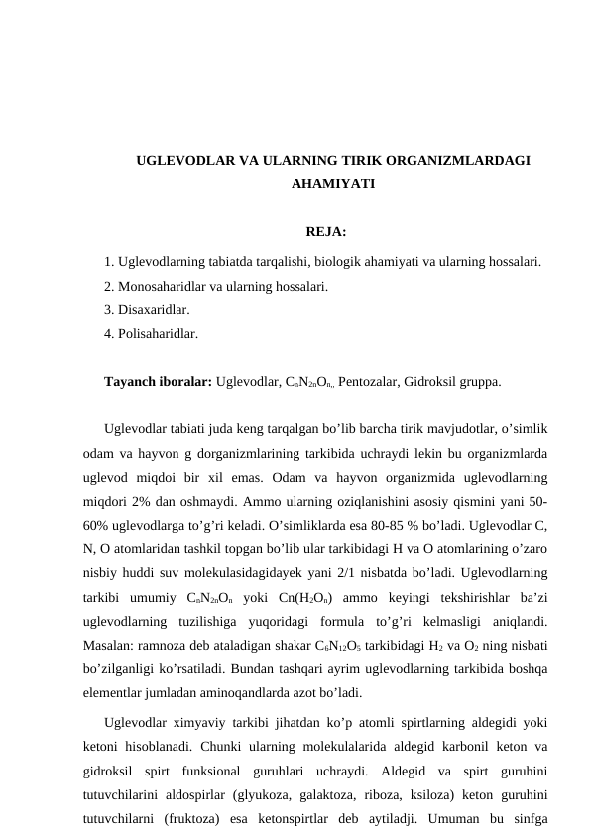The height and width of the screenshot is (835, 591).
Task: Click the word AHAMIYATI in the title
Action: pyautogui.click(x=333, y=184)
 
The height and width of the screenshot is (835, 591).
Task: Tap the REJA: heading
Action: pyautogui.click(x=325, y=233)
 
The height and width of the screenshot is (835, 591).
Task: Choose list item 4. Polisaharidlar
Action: pyautogui.click(x=151, y=335)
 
